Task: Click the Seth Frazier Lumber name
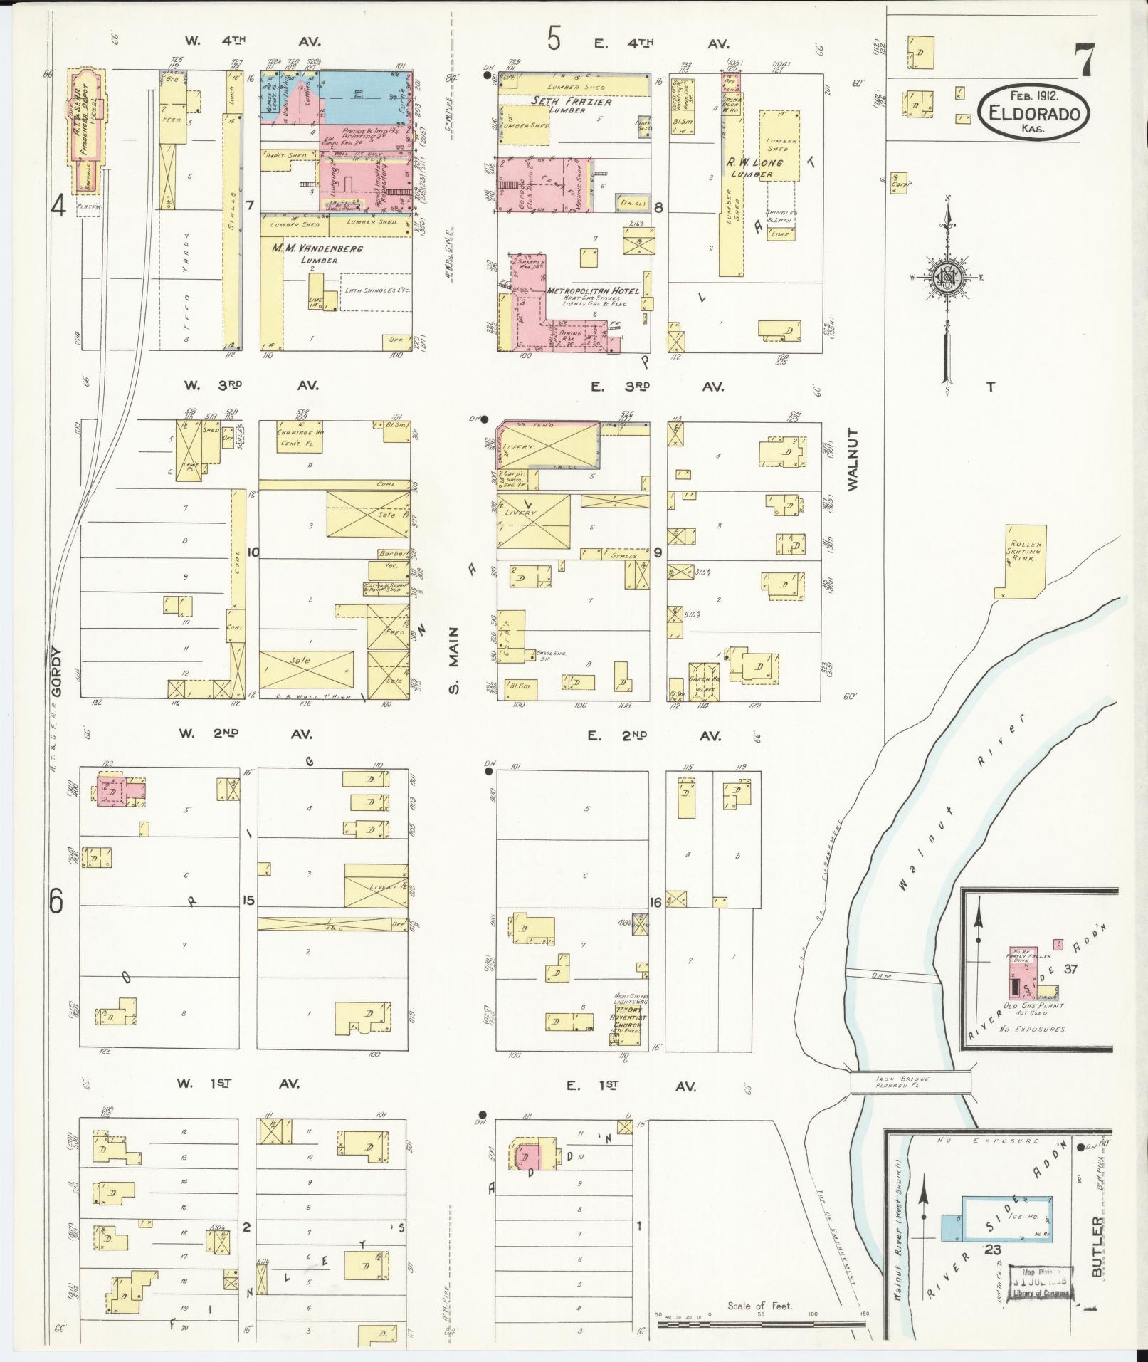click(x=562, y=105)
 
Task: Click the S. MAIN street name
click(x=455, y=660)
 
